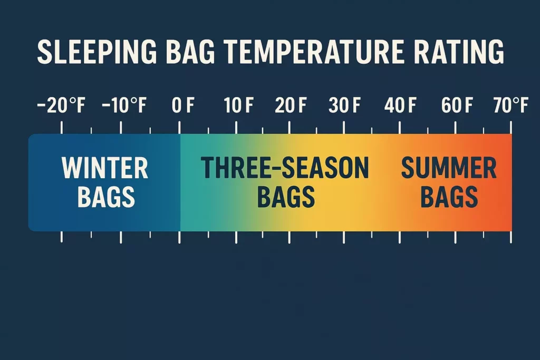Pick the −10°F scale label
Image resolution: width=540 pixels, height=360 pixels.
point(123,106)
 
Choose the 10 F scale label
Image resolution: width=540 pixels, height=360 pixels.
point(239,106)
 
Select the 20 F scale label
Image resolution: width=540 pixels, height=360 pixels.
point(291,106)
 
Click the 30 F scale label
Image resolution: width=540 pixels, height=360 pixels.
point(344,106)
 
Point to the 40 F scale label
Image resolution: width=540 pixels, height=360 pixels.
point(400,106)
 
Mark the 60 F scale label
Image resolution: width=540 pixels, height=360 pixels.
point(457,106)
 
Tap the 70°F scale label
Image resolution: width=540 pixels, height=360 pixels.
point(510,106)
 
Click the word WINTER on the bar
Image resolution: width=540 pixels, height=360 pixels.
point(105,169)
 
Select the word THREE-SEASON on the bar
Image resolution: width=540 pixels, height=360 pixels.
point(285,169)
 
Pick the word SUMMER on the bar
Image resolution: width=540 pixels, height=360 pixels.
point(449,169)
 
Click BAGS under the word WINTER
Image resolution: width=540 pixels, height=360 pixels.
point(106,197)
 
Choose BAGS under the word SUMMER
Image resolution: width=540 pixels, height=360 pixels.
point(449,197)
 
